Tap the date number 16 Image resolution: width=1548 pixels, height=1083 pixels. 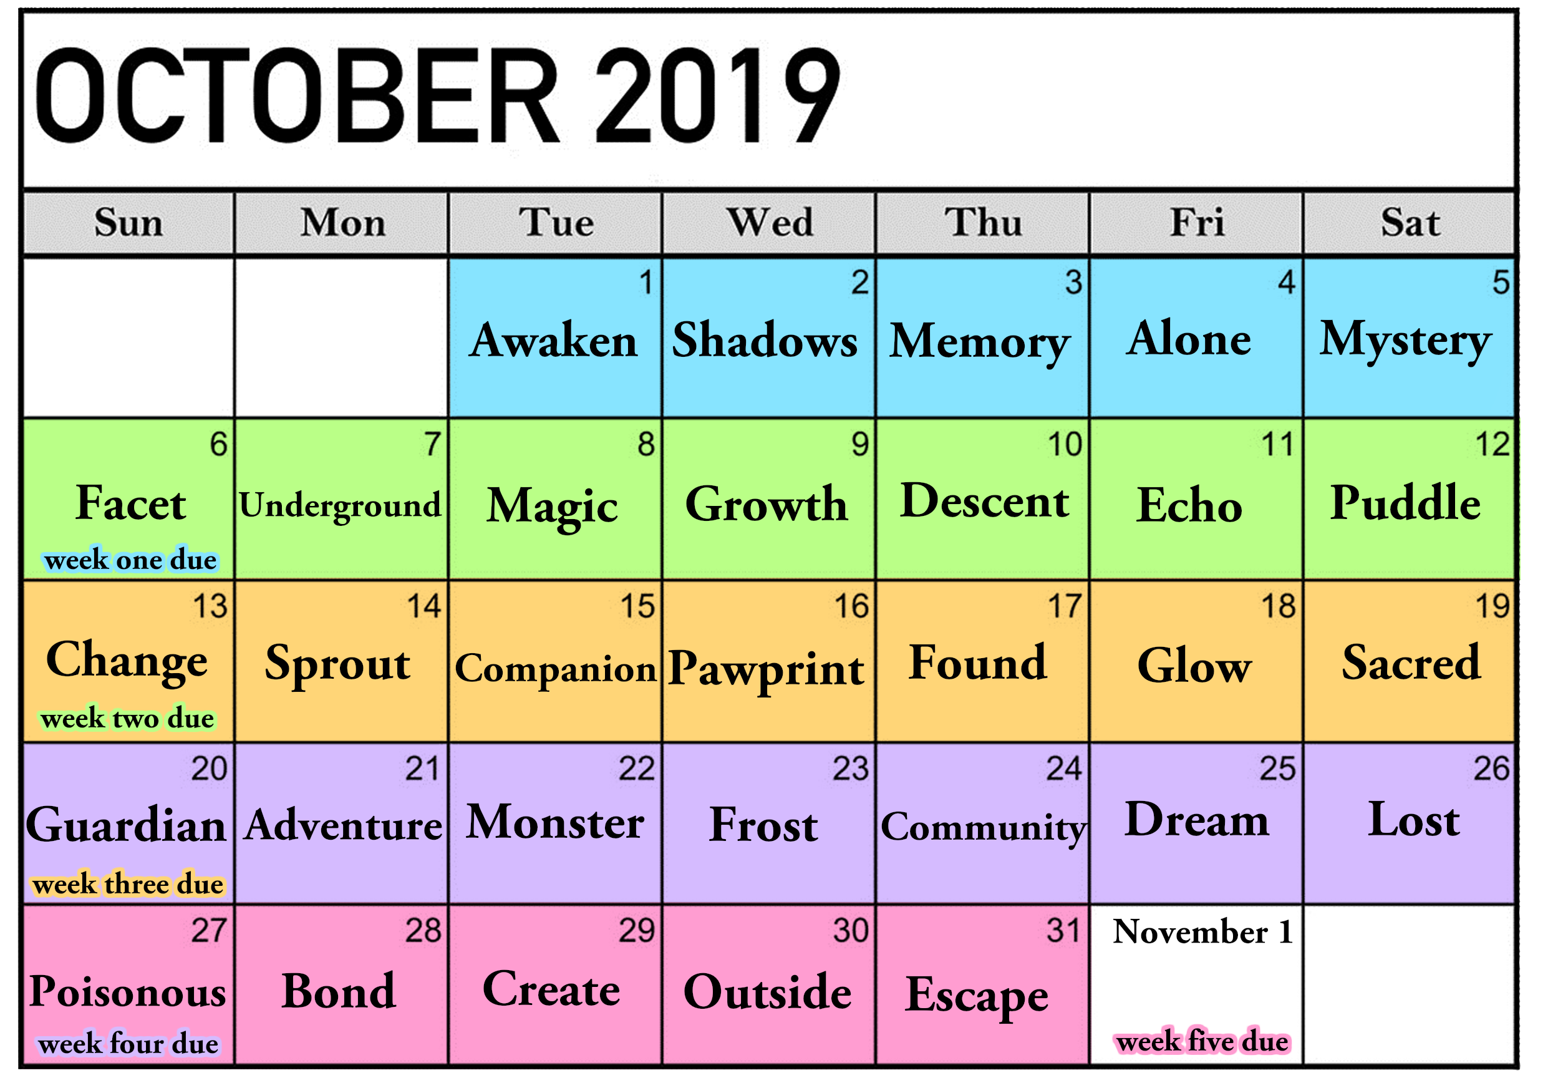pyautogui.click(x=851, y=606)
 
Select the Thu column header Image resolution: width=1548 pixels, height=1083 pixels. pyautogui.click(x=983, y=222)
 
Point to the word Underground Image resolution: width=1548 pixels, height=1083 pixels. pyautogui.click(x=341, y=506)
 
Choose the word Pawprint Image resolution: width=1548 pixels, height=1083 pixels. pyautogui.click(x=766, y=669)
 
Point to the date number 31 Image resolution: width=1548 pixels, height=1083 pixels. pyautogui.click(x=1064, y=930)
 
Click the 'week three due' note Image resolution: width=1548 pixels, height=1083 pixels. pyautogui.click(x=128, y=883)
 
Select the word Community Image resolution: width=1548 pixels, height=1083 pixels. pyautogui.click(x=984, y=827)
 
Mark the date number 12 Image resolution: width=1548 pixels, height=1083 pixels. pyautogui.click(x=1492, y=444)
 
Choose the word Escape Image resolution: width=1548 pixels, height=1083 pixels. pyautogui.click(x=977, y=996)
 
